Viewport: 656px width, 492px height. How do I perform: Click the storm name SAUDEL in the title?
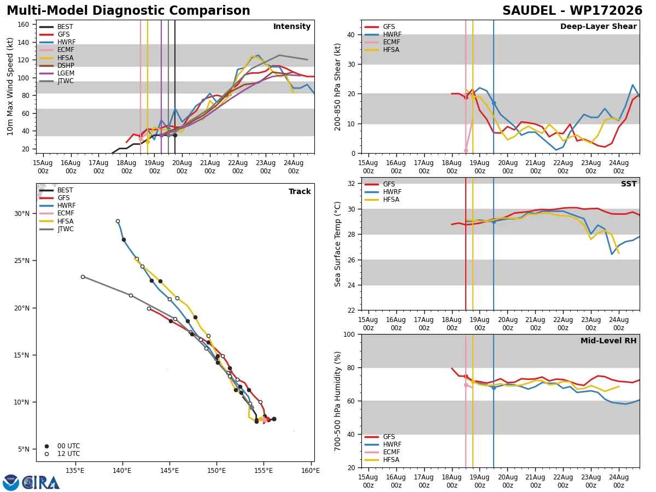[x=529, y=10]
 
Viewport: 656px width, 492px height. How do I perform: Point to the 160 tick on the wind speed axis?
[x=23, y=25]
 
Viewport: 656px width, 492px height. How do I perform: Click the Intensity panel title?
[x=292, y=27]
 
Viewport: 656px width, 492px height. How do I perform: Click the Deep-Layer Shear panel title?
[x=598, y=27]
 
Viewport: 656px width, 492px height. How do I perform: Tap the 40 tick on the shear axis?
[x=351, y=34]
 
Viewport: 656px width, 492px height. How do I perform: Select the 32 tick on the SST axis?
[x=351, y=184]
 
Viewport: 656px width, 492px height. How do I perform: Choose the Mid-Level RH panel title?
[x=608, y=341]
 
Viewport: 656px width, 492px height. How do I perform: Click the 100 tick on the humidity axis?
[x=349, y=334]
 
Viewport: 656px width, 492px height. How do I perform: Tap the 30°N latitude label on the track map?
[x=22, y=214]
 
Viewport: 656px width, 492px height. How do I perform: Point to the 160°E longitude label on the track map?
[x=311, y=471]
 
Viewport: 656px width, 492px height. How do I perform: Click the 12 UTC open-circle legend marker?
[x=46, y=454]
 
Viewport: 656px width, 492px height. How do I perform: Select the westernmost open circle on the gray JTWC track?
[x=83, y=277]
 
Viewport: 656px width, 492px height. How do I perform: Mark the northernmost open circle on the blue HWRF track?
[x=118, y=221]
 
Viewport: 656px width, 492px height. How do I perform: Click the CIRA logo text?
[x=41, y=483]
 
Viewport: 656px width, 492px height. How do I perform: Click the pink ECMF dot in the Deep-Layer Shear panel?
[x=466, y=150]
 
